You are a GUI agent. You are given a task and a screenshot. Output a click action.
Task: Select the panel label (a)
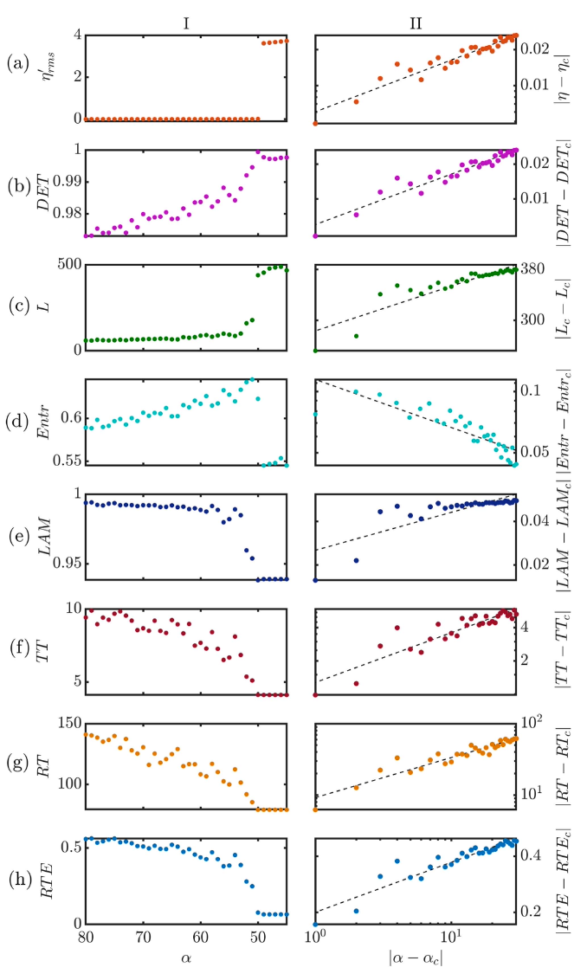17,62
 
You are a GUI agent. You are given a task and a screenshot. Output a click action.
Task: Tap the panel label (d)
17,422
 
